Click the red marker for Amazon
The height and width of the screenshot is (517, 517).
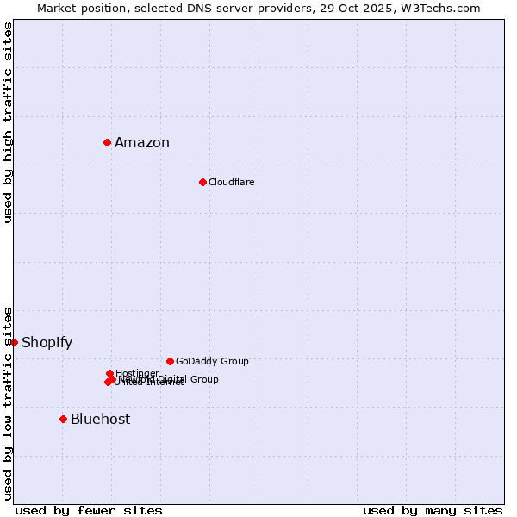(107, 142)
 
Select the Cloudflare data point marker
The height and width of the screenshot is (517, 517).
(202, 182)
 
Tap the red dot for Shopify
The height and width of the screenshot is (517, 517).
(14, 342)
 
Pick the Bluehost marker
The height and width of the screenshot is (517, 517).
(63, 419)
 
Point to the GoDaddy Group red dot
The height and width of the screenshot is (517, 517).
(170, 361)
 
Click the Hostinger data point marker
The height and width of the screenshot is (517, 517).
(109, 373)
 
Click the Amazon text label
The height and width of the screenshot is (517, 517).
(142, 143)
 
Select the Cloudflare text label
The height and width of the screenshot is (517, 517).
(231, 182)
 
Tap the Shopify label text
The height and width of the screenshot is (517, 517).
(47, 343)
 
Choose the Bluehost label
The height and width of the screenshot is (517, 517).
(100, 420)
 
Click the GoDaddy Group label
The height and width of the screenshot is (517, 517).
(212, 361)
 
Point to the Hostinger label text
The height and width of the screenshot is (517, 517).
(137, 373)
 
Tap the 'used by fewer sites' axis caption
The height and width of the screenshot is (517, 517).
(89, 510)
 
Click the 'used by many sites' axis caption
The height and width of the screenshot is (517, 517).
(433, 510)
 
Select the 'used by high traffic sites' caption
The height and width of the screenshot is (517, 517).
(9, 122)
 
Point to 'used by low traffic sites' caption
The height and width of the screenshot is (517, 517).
(9, 402)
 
